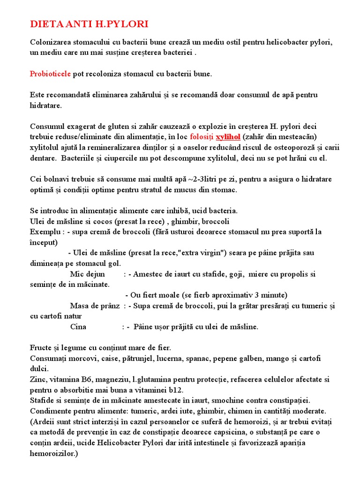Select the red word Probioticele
click(51, 74)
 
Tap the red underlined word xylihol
click(228, 137)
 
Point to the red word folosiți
click(202, 137)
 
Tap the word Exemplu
click(45, 232)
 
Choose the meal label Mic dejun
click(88, 274)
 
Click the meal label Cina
click(78, 327)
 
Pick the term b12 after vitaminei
click(175, 390)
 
